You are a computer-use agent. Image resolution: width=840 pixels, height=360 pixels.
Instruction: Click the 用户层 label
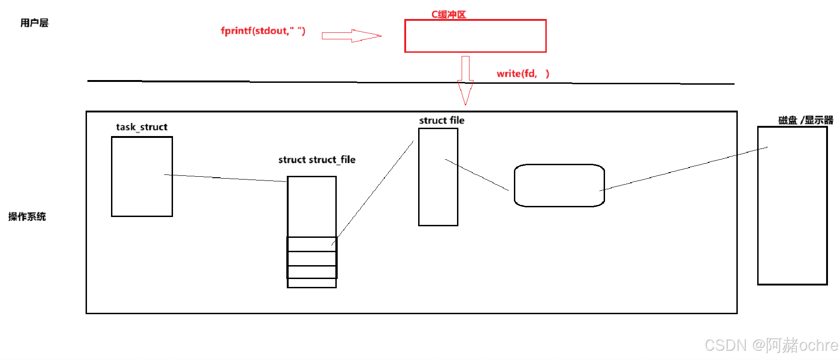click(34, 23)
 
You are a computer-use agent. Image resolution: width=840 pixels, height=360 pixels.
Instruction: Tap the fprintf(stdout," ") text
click(263, 31)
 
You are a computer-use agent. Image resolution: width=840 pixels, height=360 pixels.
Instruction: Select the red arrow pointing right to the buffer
click(352, 36)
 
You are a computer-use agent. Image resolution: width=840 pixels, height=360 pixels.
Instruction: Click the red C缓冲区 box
click(475, 36)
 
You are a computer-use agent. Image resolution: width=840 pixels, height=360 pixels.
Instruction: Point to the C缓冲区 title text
click(448, 14)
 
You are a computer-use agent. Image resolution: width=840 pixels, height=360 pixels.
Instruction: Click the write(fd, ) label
click(523, 74)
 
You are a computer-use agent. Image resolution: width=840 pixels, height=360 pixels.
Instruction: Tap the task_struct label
click(142, 127)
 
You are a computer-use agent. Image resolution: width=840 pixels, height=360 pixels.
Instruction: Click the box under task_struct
click(142, 176)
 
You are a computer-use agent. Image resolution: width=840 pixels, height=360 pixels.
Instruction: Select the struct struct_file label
click(317, 160)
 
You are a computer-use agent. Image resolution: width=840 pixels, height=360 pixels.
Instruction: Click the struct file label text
click(442, 120)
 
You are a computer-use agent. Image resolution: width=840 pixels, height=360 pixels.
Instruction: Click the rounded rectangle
click(559, 186)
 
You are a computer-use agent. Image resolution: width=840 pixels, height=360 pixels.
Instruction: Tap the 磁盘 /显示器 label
click(805, 120)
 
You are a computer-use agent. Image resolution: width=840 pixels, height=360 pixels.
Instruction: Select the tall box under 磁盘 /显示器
click(792, 205)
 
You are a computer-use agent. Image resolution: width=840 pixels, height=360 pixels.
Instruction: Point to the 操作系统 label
click(27, 217)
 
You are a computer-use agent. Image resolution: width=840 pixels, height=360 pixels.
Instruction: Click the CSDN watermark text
click(771, 345)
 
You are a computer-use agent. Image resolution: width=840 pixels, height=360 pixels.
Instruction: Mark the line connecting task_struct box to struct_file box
click(226, 178)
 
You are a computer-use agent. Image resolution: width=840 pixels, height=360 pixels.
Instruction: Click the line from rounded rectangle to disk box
click(684, 169)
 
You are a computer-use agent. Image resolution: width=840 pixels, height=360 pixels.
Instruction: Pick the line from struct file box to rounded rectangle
click(477, 175)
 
